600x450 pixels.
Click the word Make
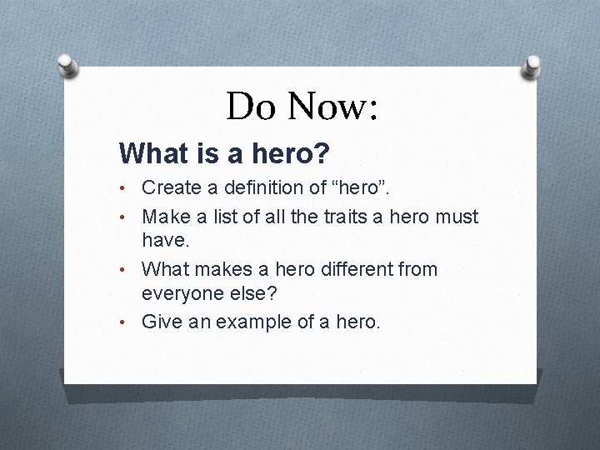166,217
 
